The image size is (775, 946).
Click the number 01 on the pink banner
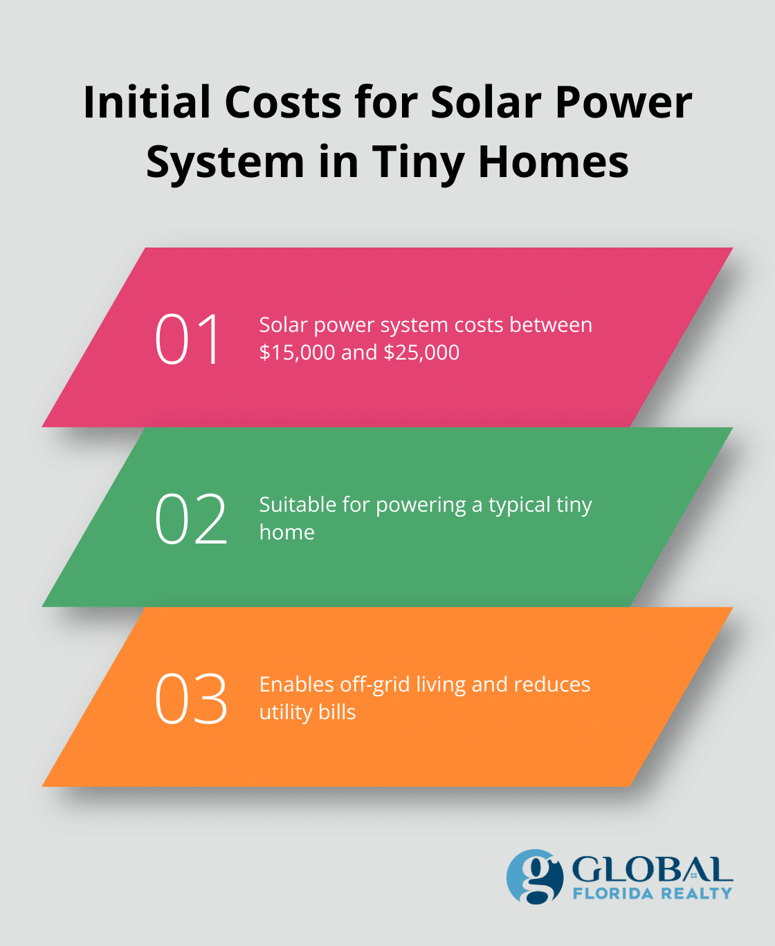coord(188,339)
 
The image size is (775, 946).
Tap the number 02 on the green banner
coord(190,519)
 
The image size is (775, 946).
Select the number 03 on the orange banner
coord(190,698)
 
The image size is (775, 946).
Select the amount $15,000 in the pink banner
coord(297,353)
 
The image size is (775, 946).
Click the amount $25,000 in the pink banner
coord(421,353)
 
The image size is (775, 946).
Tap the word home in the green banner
coord(286,532)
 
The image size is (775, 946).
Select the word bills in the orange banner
coord(337,712)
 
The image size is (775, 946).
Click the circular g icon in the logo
coord(534,876)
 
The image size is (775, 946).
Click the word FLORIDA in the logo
coord(613,893)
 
